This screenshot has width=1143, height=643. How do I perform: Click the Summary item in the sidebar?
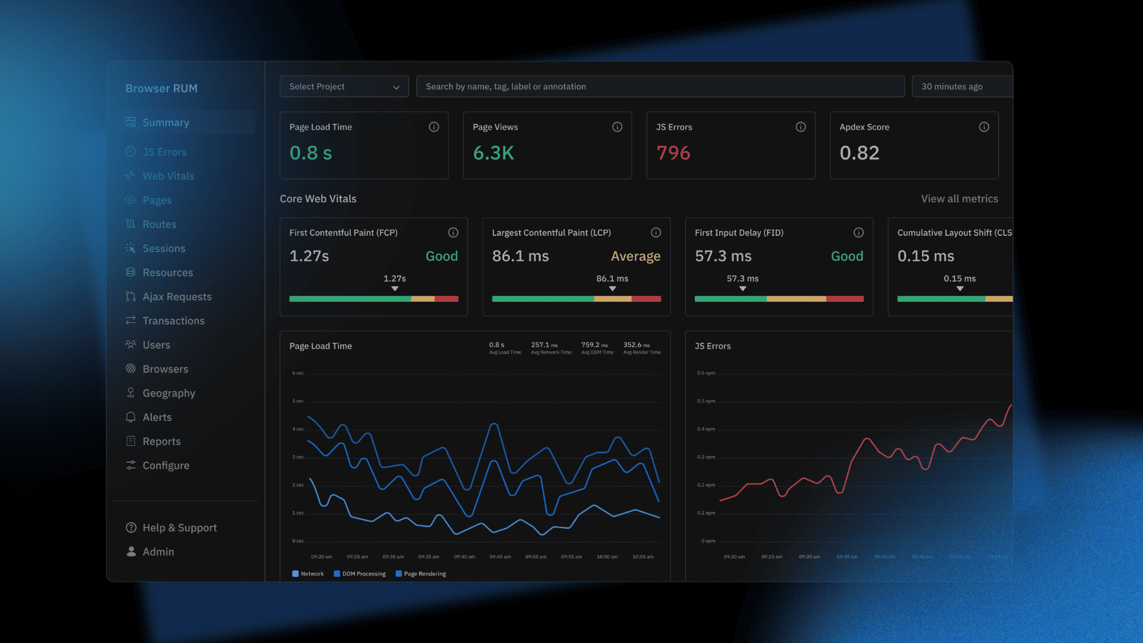tap(165, 123)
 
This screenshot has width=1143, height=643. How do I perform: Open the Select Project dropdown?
tap(344, 87)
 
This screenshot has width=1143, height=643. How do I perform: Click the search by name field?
tap(660, 87)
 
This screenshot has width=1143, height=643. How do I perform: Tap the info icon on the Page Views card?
tap(617, 127)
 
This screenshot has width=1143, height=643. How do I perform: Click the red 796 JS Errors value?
tap(673, 153)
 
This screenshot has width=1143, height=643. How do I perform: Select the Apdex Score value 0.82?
tap(859, 153)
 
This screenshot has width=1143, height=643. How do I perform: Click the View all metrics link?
tap(959, 199)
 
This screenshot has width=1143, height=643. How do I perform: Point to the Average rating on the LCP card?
tap(635, 256)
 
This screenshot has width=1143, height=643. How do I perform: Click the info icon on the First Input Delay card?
tap(858, 233)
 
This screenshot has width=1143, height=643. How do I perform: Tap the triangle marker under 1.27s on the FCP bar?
tap(395, 289)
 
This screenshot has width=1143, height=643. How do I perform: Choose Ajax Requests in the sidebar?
tap(177, 296)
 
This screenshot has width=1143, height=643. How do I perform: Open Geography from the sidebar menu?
tap(168, 393)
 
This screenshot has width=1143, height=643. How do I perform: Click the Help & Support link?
tap(179, 527)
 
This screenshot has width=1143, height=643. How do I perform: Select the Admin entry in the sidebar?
tap(158, 552)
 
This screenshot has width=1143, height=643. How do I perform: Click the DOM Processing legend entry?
tap(363, 574)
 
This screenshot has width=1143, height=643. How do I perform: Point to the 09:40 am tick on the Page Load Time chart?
tap(464, 557)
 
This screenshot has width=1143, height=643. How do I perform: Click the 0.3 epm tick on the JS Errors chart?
tap(706, 457)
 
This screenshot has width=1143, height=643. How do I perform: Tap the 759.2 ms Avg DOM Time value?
tap(594, 345)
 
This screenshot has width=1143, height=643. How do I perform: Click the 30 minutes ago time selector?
tap(952, 87)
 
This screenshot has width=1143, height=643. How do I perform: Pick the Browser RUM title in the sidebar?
tap(161, 89)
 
